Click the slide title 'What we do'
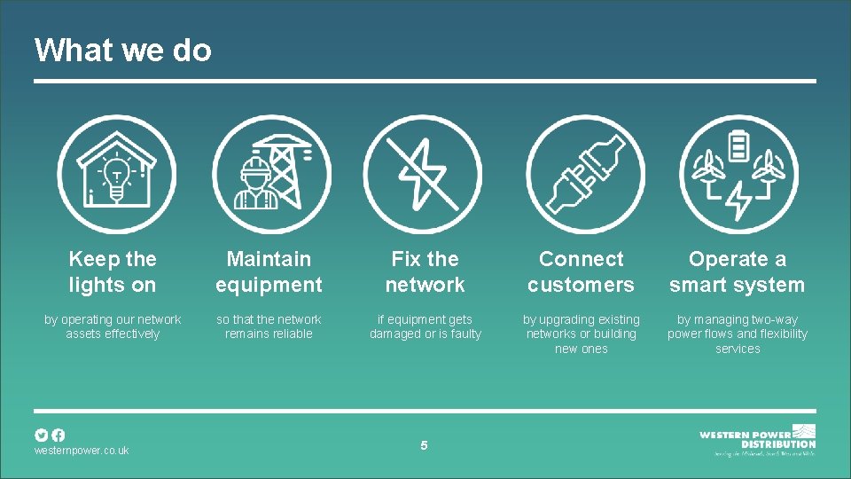click(123, 50)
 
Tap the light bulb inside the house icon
click(115, 180)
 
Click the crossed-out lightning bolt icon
click(424, 174)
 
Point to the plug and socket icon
click(582, 174)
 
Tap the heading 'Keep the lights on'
click(113, 271)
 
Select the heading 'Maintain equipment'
click(269, 271)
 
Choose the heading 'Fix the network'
click(425, 271)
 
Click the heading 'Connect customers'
click(582, 271)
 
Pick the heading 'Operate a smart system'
click(738, 271)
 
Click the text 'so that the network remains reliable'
click(269, 326)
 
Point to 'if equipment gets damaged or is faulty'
click(425, 326)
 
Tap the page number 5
click(424, 445)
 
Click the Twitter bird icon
click(41, 435)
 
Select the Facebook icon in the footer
click(58, 435)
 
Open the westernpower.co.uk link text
click(82, 451)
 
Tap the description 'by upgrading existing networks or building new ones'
click(582, 334)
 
